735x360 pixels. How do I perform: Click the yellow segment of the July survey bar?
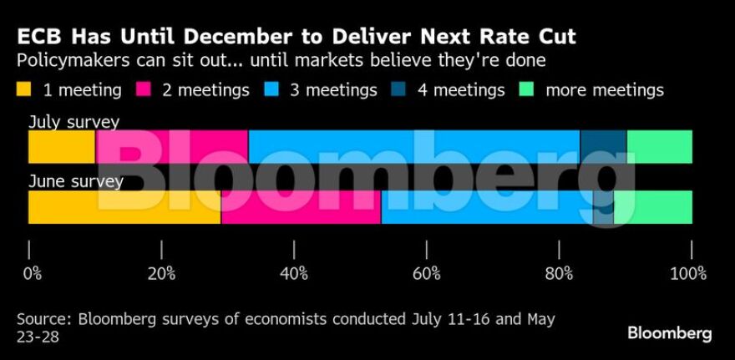61,147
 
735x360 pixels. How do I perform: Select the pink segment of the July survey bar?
171,147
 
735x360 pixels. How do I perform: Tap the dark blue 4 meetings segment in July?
603,147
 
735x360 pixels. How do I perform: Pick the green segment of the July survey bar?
659,147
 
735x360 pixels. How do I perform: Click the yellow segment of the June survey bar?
124,207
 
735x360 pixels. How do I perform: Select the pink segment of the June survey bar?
301,207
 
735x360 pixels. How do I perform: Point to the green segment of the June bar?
654,207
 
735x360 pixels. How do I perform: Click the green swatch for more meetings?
526,89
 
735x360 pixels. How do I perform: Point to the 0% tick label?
32,273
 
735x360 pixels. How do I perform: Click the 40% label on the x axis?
293,273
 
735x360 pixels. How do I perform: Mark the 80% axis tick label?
559,273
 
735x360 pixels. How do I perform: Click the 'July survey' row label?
73,122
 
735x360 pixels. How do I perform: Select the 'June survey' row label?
75,181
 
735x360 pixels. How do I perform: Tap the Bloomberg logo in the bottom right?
669,333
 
